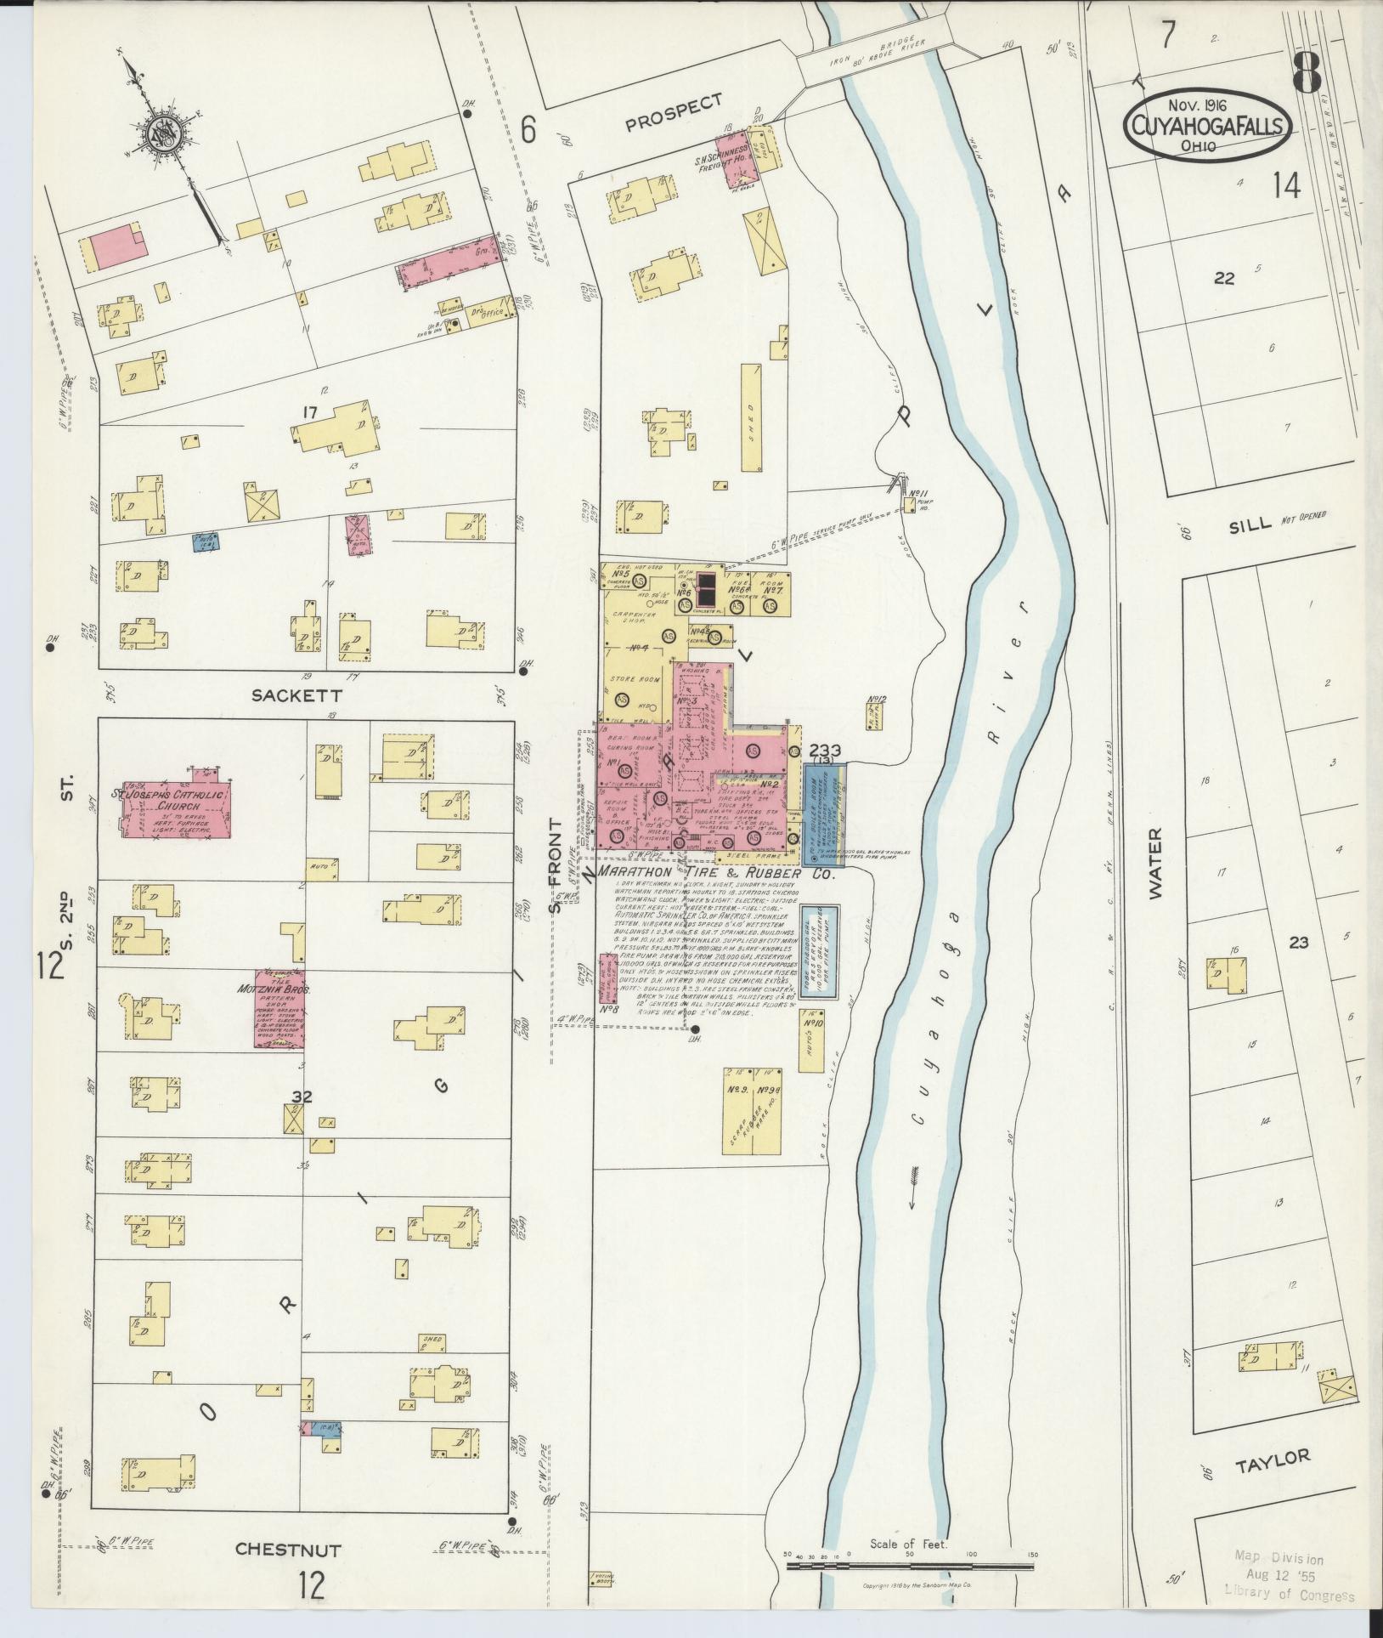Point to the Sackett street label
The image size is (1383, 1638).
click(290, 694)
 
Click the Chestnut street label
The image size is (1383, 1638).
click(288, 1550)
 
